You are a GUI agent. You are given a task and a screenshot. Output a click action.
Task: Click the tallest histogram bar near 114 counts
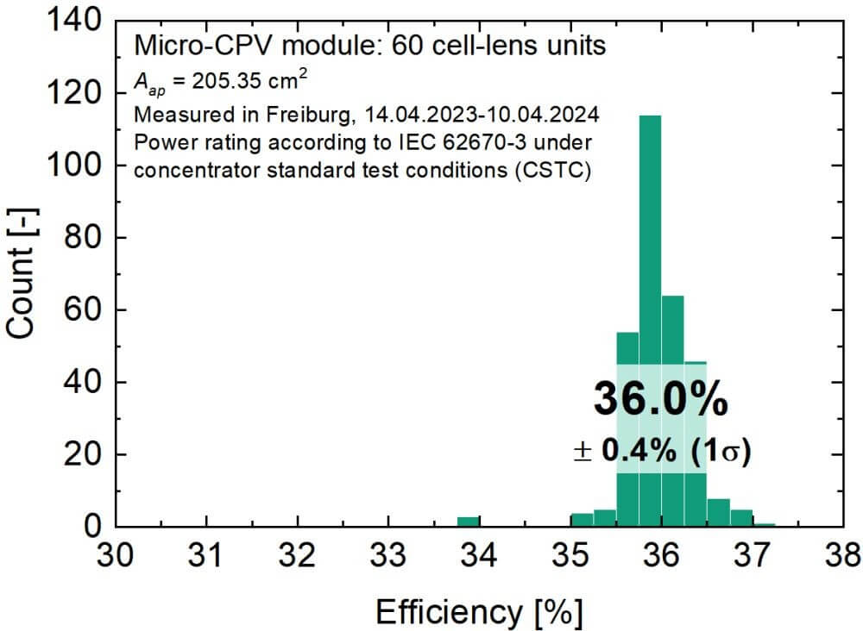tap(650, 259)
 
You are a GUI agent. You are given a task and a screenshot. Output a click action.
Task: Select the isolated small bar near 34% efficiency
tap(469, 521)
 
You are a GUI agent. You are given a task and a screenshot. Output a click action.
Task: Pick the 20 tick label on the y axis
tap(86, 454)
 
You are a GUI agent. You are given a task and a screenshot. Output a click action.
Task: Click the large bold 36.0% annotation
tap(660, 400)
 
